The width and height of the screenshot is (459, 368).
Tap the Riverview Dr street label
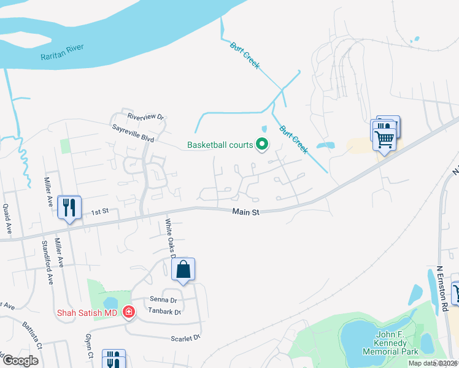click(x=146, y=117)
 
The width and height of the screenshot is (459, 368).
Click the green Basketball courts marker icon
click(x=262, y=145)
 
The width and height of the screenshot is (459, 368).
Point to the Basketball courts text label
click(x=220, y=145)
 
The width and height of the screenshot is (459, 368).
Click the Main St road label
click(x=246, y=212)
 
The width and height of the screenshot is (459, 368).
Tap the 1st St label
click(x=99, y=212)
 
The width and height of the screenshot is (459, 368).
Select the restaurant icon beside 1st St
click(x=69, y=207)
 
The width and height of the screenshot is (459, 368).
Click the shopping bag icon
click(x=183, y=269)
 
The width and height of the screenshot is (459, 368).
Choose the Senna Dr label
click(x=163, y=301)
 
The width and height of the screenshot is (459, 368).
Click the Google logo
click(x=20, y=361)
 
